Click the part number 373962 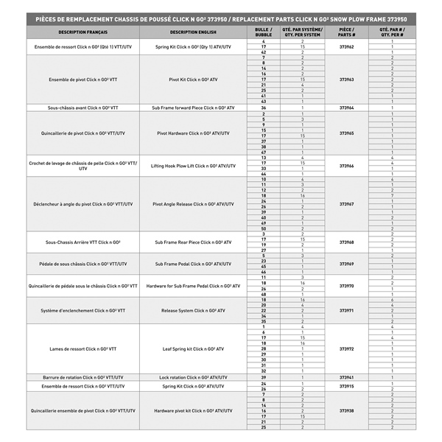(x=346, y=46)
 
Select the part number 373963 (x=346, y=80)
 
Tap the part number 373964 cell (x=346, y=108)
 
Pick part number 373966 (x=346, y=166)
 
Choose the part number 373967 (x=346, y=204)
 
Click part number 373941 (x=346, y=377)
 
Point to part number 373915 (x=346, y=386)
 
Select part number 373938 (x=346, y=411)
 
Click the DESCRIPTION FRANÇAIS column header (x=83, y=32)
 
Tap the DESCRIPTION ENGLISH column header (x=193, y=32)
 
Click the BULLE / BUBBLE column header (x=263, y=32)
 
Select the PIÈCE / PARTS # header (x=346, y=32)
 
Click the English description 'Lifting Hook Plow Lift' (x=193, y=166)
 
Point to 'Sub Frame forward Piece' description (x=193, y=108)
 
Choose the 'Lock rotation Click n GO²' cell (x=193, y=377)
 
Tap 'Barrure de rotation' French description (x=83, y=377)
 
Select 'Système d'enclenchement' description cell (x=83, y=311)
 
